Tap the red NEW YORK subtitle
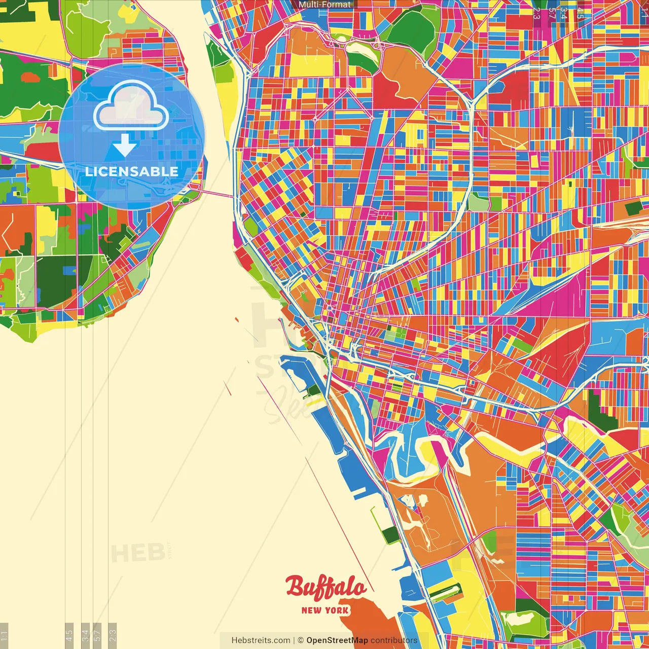(325, 610)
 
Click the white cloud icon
(131, 106)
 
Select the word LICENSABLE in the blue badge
(131, 171)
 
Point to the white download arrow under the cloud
(125, 145)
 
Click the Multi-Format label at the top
(324, 5)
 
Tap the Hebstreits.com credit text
(261, 640)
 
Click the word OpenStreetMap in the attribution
(337, 640)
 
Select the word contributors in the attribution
(394, 640)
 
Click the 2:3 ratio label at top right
(536, 13)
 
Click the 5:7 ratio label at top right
(552, 13)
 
